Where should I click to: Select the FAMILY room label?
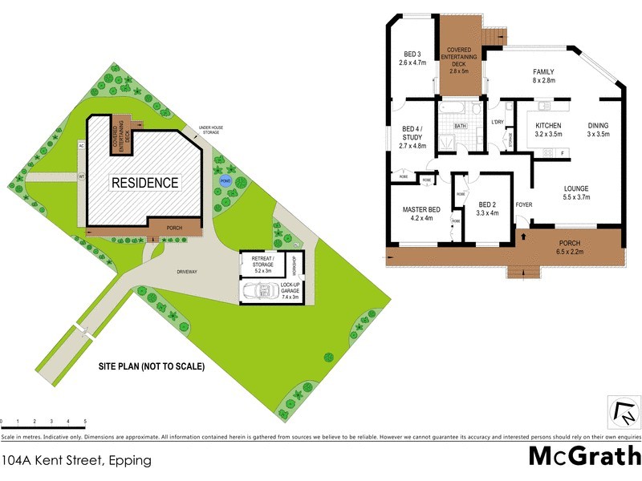point(543,76)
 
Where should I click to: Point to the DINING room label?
point(598,130)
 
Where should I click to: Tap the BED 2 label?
point(487,208)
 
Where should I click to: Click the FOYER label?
point(524,204)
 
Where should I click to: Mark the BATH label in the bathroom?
point(461,127)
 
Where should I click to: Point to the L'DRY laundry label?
point(497,122)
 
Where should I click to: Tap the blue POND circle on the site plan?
point(226,181)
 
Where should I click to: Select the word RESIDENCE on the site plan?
point(144,183)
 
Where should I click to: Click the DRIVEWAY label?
point(187,272)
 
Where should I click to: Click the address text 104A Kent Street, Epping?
point(76,460)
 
